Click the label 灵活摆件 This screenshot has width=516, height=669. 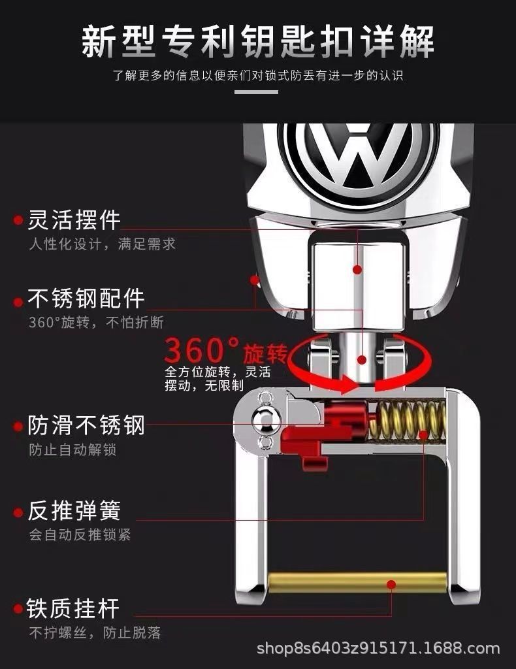(x=74, y=220)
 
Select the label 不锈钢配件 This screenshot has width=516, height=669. (x=86, y=299)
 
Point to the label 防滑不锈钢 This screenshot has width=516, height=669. (x=86, y=426)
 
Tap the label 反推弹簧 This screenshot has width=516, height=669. (x=74, y=510)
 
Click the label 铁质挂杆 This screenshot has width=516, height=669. (x=73, y=608)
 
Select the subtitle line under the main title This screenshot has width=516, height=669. (x=257, y=76)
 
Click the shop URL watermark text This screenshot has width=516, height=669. (x=378, y=649)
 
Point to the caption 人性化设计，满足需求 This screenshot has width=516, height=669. (x=102, y=244)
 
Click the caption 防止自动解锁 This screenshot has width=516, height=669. (x=73, y=450)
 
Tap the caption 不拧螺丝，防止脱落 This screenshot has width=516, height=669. (x=95, y=632)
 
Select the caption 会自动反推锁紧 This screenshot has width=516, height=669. (x=80, y=534)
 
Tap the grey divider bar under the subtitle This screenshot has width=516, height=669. (x=256, y=92)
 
